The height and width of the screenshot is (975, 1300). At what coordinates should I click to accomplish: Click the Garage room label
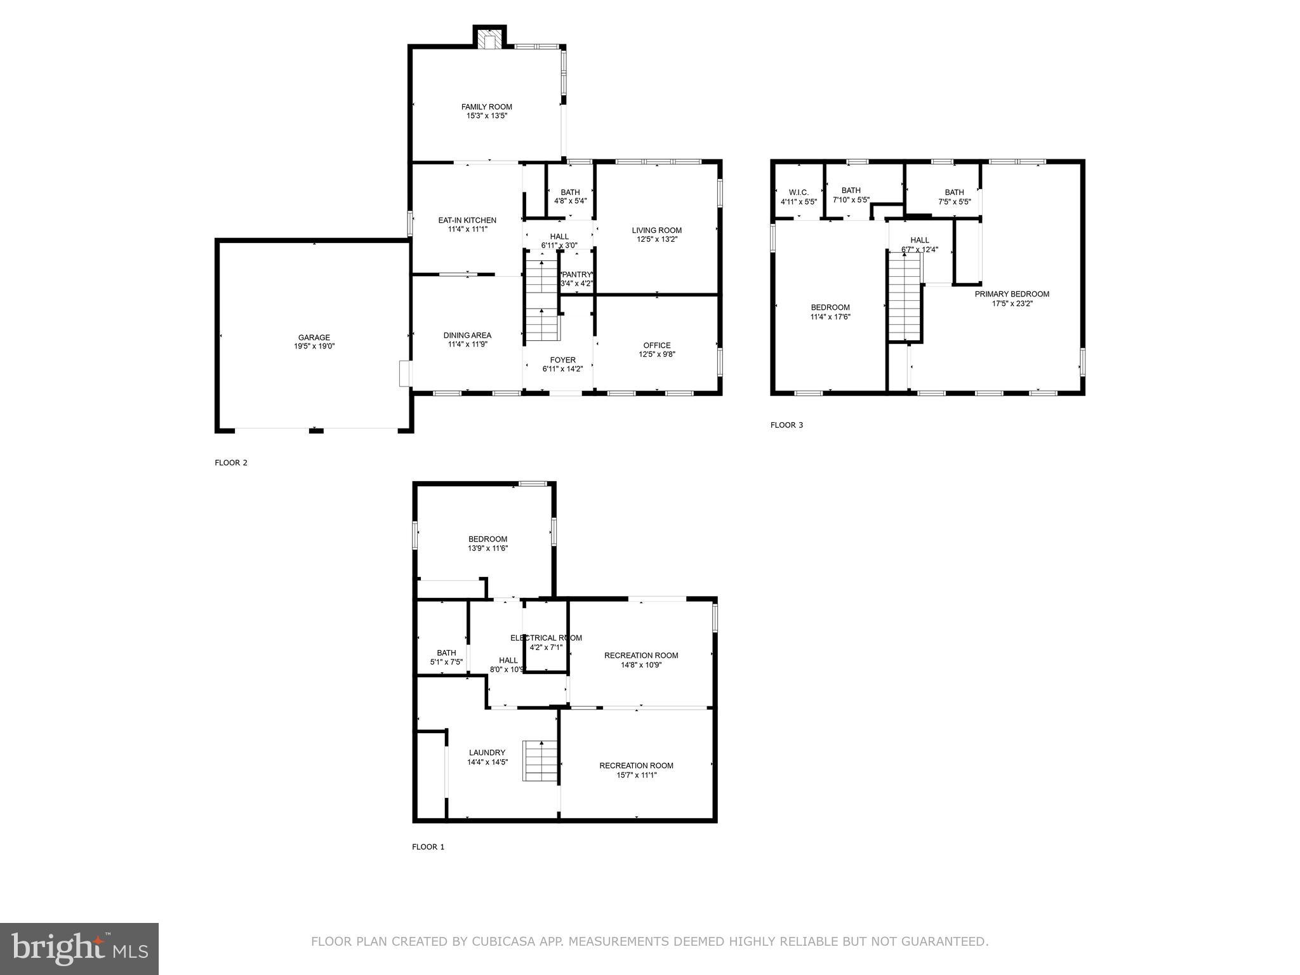[x=314, y=338]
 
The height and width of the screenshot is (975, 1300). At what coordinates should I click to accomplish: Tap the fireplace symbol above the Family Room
[x=489, y=41]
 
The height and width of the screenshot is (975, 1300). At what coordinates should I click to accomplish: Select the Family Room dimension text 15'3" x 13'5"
[x=487, y=116]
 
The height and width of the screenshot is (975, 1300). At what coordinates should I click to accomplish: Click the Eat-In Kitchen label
[x=467, y=220]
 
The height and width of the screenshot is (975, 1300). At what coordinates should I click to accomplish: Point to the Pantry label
[x=576, y=275]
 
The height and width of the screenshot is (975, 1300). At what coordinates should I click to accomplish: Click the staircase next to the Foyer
[x=541, y=297]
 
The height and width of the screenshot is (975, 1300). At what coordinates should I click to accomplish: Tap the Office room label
[x=657, y=345]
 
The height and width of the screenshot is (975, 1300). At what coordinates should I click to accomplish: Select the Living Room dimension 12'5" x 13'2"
[x=657, y=239]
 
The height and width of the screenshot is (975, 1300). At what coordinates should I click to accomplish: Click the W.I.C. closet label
[x=799, y=192]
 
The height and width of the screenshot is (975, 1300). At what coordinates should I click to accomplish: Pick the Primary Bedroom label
[x=1012, y=294]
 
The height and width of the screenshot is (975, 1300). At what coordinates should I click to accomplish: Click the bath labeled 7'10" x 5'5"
[x=851, y=195]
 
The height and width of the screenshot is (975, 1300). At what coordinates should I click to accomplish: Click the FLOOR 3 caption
[x=786, y=425]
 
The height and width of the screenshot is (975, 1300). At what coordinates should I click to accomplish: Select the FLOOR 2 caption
[x=231, y=463]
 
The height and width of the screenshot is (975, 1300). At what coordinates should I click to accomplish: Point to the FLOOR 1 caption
[x=428, y=847]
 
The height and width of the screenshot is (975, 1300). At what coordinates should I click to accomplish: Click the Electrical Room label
[x=546, y=638]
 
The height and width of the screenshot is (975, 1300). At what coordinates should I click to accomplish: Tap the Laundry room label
[x=487, y=753]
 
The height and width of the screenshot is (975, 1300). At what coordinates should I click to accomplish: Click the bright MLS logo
[x=79, y=948]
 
